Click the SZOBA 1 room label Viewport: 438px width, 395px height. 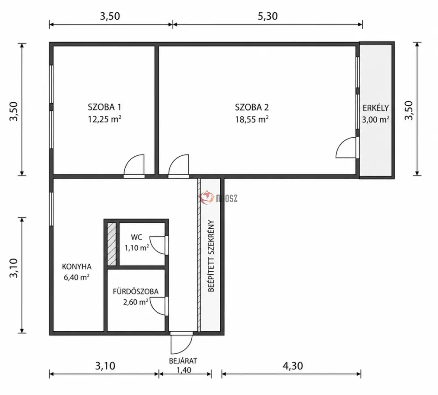coord(105,107)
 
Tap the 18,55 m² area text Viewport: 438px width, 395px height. coord(252,119)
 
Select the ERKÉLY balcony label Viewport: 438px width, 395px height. coord(376,108)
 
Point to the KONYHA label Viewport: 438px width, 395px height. coord(77,266)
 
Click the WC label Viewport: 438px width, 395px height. coord(137,237)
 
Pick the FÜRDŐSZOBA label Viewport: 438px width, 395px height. coord(135,291)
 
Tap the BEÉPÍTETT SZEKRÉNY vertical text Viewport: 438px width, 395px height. coord(211,256)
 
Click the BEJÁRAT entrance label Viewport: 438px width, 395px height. coord(183,361)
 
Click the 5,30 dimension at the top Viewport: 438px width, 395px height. coord(268,16)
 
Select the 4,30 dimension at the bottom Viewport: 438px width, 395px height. coord(293,366)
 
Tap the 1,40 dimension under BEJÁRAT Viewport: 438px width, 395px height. coord(184,370)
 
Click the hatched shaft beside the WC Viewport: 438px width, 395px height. coord(112,244)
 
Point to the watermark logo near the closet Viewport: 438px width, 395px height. coord(218,197)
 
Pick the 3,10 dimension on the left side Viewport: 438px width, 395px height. coord(14,268)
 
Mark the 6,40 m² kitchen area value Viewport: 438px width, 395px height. coord(77,277)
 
